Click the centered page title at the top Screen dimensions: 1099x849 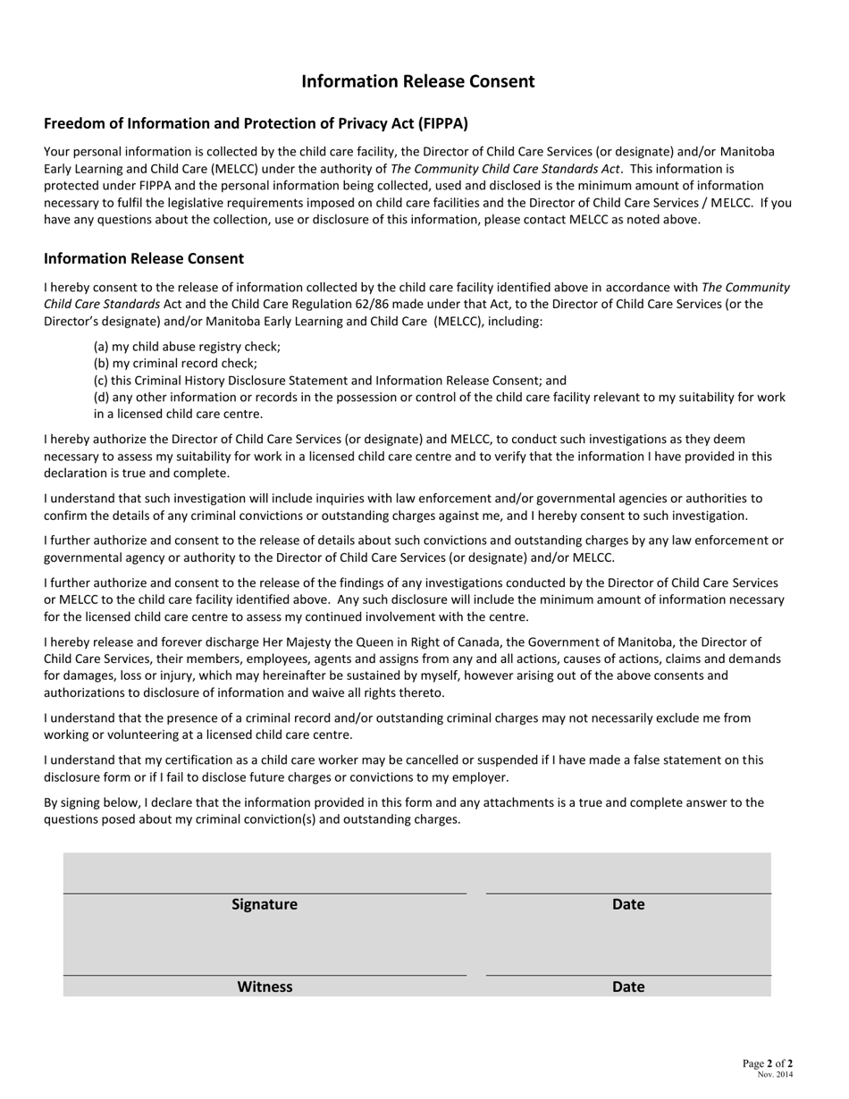pos(417,81)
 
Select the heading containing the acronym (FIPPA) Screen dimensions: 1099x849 pos(256,123)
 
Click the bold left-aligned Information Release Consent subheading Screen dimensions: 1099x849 pos(144,258)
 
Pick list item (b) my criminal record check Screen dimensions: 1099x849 pos(175,363)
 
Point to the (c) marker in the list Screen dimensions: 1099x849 pos(101,380)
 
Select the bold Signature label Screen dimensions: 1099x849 pos(265,904)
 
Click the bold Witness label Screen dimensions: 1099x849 pos(265,986)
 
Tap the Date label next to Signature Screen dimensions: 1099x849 pos(628,904)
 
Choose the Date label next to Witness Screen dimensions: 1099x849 pos(628,986)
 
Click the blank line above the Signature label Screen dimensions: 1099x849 pos(265,892)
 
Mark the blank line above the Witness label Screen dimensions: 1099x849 pos(265,974)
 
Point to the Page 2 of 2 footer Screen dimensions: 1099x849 pos(767,1063)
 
